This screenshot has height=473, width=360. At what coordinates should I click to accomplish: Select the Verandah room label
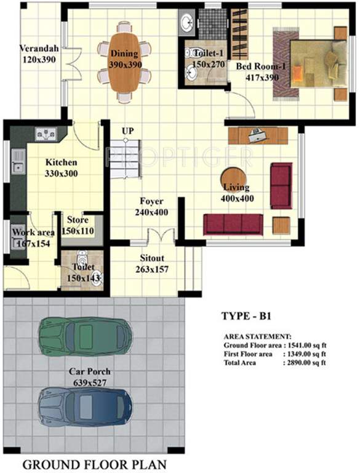point(38,48)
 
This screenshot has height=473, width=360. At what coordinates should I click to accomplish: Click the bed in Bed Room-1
point(314,63)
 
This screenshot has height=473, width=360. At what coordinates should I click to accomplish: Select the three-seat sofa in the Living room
point(233,224)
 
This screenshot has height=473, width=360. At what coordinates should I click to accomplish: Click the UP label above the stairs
point(128,131)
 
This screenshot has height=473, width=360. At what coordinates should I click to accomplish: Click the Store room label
point(78,220)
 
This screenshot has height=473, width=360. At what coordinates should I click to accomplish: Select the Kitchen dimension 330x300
point(62,174)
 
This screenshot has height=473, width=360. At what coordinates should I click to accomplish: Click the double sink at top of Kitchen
point(46,132)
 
